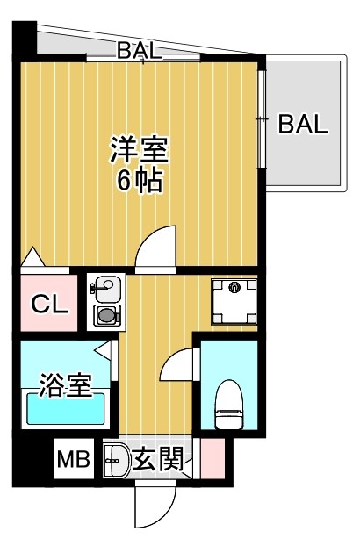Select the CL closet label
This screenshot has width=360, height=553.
point(48,304)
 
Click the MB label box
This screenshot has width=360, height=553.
point(74,459)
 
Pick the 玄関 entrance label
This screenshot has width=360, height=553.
point(159,458)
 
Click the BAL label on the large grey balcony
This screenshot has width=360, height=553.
point(303,124)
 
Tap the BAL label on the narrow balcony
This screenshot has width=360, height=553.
point(140,52)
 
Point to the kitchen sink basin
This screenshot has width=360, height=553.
point(106,287)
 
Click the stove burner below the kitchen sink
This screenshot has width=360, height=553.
point(106,315)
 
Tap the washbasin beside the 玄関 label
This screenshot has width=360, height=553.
point(116,458)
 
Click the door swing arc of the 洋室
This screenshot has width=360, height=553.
point(156,246)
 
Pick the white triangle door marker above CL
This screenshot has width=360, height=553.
point(32,258)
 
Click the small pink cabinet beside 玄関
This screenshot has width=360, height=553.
point(212,458)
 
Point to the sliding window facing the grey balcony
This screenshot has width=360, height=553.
point(262,118)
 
